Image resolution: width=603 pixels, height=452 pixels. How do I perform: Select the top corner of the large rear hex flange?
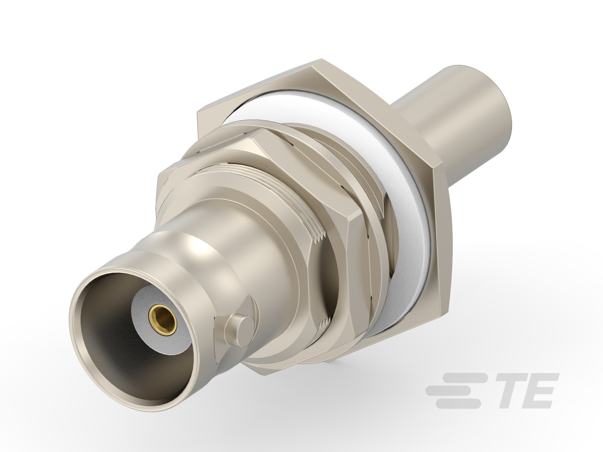(322, 60)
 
